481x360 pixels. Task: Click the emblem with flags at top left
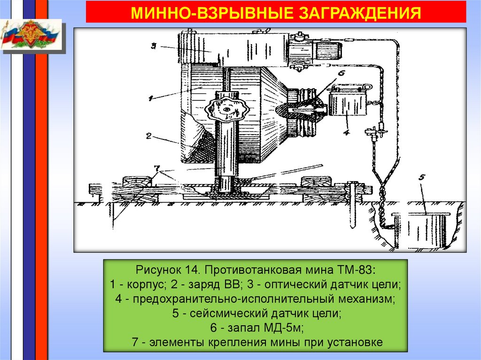click(31, 35)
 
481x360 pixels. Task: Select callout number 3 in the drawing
click(153, 46)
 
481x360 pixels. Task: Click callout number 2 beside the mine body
click(148, 137)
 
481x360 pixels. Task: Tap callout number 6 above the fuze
click(341, 73)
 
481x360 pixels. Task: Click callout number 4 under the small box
click(346, 132)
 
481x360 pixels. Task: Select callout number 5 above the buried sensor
click(421, 177)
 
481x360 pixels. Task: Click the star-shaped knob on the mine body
click(227, 109)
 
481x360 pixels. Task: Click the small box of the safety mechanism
click(348, 103)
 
